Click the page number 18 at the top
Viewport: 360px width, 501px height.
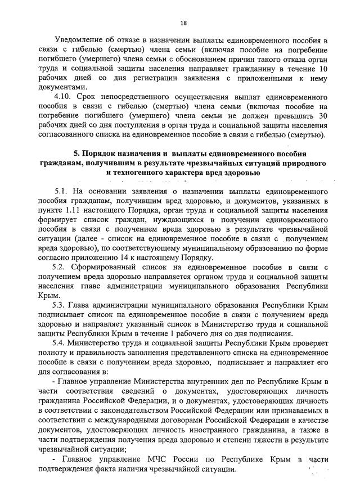click(183, 23)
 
